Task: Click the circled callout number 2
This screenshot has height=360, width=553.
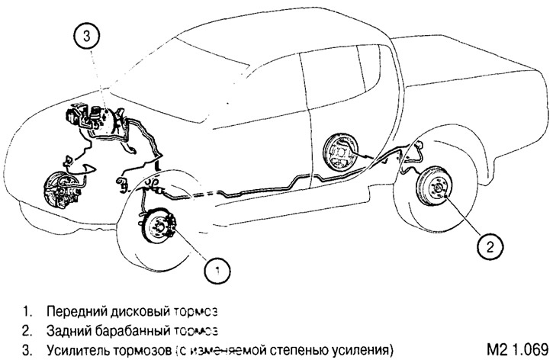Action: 490,245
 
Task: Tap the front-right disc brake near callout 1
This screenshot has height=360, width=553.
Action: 159,227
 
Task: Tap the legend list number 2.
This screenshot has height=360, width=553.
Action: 27,331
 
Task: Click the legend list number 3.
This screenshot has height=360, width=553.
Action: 27,350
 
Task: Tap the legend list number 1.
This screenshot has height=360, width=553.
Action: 27,312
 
